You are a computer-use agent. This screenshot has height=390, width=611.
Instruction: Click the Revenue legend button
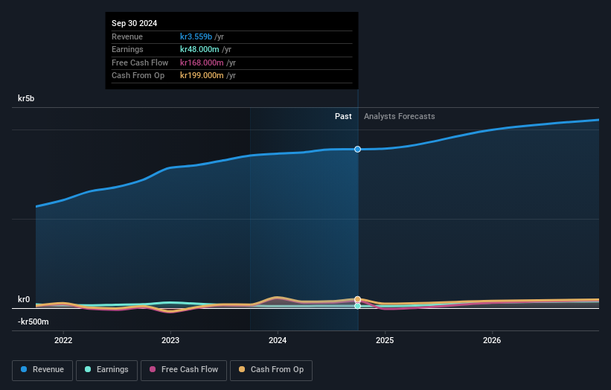(42, 370)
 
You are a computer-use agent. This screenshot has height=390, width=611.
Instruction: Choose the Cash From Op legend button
(272, 370)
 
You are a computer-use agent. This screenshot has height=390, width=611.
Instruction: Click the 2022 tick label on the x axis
(63, 341)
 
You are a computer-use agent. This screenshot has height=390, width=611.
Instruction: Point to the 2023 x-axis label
(170, 341)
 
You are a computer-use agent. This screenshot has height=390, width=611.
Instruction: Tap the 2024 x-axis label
(278, 341)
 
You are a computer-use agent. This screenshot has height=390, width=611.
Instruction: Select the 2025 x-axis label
(385, 341)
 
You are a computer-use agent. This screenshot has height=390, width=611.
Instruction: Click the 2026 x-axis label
(492, 341)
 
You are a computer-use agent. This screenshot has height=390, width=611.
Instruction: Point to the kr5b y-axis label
(27, 98)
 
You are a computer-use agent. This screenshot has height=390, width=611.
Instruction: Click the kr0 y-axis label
(24, 300)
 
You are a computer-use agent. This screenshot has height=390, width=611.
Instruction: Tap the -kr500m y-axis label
(33, 322)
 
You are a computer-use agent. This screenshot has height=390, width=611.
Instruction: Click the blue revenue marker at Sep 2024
(358, 150)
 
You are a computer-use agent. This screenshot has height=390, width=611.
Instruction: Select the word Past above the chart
(343, 116)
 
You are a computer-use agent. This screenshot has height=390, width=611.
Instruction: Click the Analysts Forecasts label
(400, 116)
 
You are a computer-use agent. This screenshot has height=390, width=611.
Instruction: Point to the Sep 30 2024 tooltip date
(135, 24)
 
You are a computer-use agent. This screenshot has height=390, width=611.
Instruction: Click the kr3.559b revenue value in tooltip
(196, 37)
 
